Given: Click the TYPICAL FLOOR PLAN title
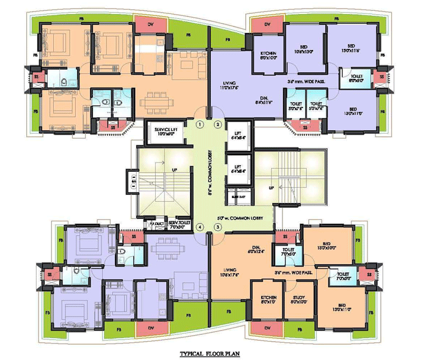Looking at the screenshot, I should (213, 353).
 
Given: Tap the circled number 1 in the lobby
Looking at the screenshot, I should (199, 125).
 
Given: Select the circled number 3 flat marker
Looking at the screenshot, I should (217, 227).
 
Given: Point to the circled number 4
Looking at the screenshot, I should (199, 227).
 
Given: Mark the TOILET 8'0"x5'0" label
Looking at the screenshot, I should (356, 77).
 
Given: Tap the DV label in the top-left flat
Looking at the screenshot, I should (152, 24).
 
